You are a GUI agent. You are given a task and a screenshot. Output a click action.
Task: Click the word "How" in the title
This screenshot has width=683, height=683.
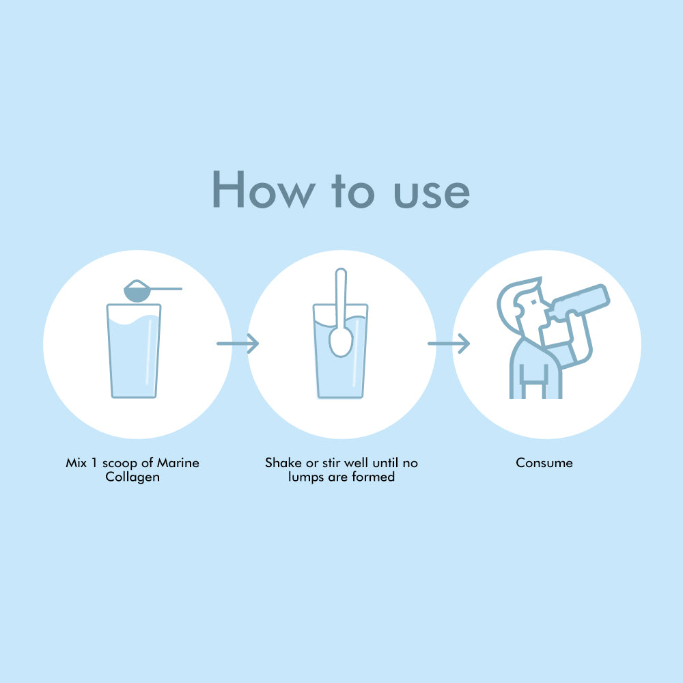[264, 189]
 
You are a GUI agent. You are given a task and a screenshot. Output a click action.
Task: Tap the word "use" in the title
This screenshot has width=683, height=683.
[432, 193]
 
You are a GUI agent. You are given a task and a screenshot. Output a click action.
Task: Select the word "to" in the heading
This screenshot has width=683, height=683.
[353, 191]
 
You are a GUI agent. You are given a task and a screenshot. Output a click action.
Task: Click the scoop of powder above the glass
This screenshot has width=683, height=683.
[137, 290]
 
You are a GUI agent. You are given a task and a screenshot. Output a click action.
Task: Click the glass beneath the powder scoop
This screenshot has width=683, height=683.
[134, 350]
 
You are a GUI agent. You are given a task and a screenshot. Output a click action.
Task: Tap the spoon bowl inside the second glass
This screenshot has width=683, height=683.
[341, 342]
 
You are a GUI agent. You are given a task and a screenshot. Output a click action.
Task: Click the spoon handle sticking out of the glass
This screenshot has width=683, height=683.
[341, 297]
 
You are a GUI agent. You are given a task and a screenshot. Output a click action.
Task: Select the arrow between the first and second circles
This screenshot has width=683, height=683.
[238, 344]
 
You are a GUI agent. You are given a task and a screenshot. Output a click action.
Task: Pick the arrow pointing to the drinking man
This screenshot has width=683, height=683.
[449, 344]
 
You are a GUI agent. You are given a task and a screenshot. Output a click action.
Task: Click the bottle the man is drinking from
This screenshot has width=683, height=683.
[579, 302]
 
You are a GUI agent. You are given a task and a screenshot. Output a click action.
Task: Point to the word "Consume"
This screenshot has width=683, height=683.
[544, 462]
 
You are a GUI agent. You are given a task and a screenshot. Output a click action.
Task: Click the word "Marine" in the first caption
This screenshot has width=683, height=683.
[178, 462]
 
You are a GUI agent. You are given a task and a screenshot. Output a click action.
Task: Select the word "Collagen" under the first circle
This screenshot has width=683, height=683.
[133, 477]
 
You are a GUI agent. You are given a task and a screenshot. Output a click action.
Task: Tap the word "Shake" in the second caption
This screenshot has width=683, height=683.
[283, 462]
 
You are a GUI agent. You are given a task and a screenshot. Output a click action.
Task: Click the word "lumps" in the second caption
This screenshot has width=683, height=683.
[306, 477]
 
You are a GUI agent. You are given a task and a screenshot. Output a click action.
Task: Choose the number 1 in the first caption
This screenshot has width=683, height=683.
[94, 462]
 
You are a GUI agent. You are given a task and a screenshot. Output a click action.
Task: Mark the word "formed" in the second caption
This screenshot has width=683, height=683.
[374, 477]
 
